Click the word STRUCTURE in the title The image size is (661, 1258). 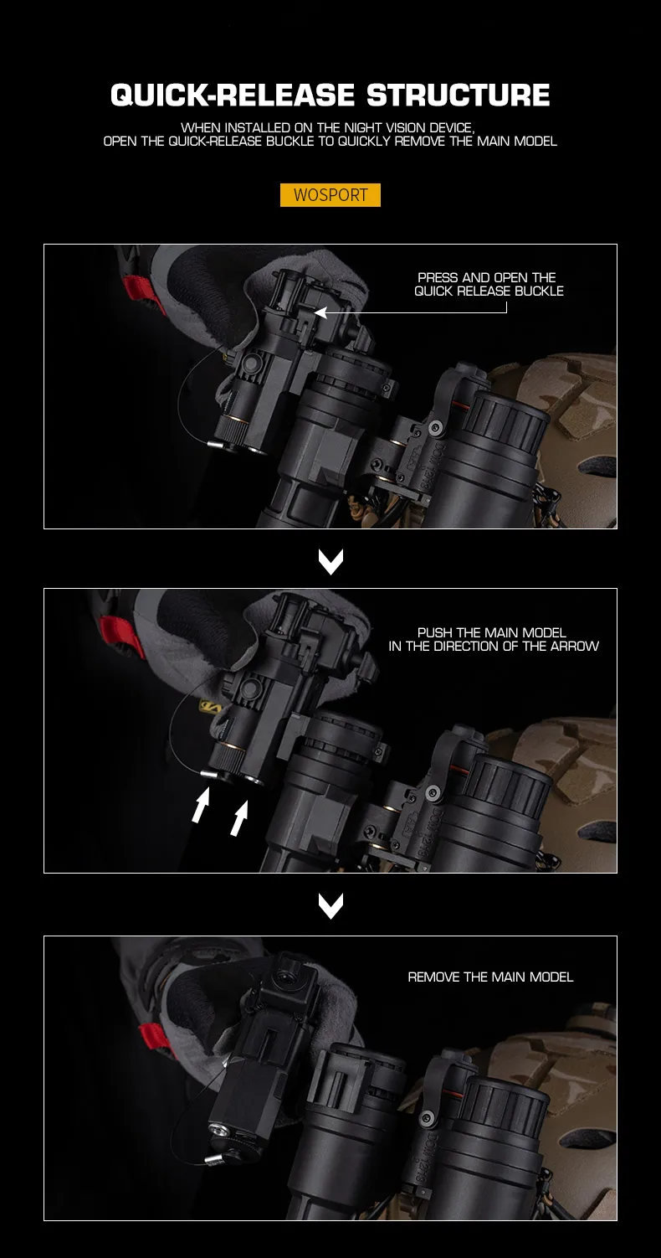point(458,95)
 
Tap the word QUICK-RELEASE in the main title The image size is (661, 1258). point(233,95)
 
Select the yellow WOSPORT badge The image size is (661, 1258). point(330,195)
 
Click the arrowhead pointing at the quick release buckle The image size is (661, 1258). point(320,312)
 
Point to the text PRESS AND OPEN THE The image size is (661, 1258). point(486,277)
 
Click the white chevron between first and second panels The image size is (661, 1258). point(330,561)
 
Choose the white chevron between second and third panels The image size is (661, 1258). point(330,905)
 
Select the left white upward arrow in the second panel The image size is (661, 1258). point(200,806)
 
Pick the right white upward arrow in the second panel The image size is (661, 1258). point(239,818)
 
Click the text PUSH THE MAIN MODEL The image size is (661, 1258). point(491,632)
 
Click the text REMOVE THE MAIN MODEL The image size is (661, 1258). point(490,977)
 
